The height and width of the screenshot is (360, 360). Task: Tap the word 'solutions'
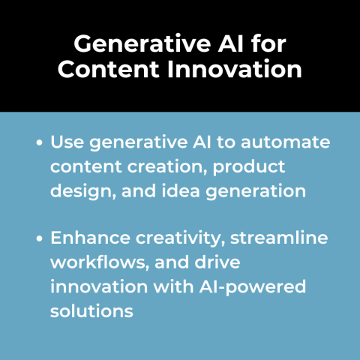point(91,310)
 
